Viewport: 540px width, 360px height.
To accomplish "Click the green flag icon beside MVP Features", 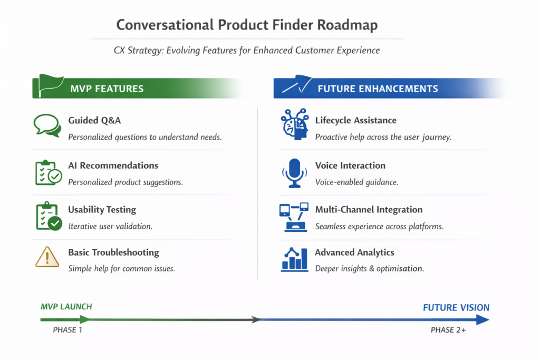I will (x=47, y=86).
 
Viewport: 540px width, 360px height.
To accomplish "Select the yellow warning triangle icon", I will (x=47, y=257).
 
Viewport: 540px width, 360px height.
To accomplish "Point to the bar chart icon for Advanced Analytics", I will (x=295, y=259).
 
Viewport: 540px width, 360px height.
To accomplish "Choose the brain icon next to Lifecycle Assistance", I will (x=294, y=125).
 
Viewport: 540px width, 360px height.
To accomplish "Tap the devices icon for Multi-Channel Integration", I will (x=294, y=216).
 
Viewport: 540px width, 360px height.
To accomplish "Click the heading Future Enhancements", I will (x=378, y=89).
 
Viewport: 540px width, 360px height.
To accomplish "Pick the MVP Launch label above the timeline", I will (x=66, y=306).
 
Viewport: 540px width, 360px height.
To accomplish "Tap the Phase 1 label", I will (x=67, y=330).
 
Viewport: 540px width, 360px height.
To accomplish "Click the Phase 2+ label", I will (x=448, y=330).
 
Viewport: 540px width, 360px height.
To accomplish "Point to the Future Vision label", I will (x=456, y=307).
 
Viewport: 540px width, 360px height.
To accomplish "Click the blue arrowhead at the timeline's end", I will (x=482, y=319).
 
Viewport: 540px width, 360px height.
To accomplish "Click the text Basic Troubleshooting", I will (x=113, y=252).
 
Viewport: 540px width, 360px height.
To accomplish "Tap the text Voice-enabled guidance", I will (x=356, y=182).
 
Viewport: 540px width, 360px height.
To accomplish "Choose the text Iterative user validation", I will (x=110, y=226).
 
